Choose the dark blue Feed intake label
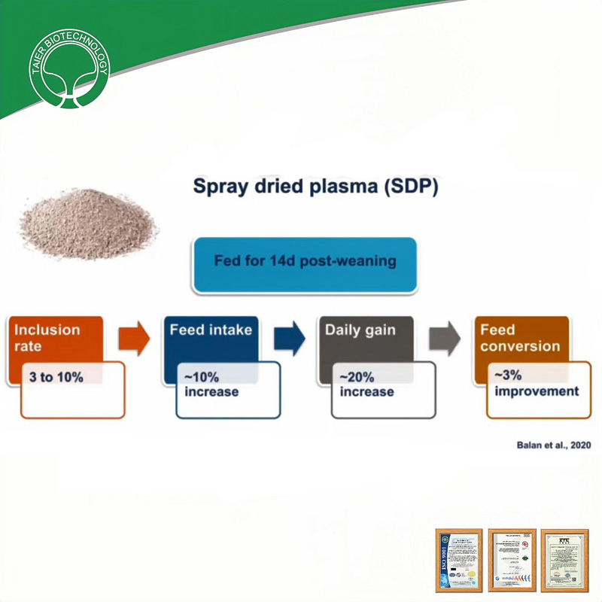211,330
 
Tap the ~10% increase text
211,385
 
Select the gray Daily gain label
361,330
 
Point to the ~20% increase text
366,385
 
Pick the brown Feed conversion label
520,338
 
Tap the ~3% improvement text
536,383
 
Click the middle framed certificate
512,560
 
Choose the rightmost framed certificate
565,560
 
